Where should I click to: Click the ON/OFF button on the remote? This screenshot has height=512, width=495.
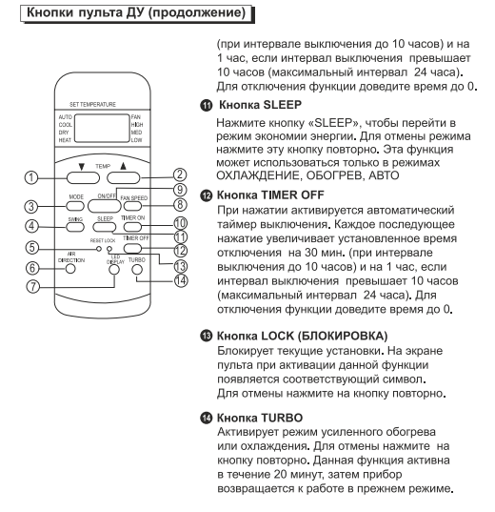click(104, 206)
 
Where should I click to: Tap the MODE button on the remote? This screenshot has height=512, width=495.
click(75, 206)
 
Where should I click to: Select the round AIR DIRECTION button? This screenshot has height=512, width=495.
click(70, 269)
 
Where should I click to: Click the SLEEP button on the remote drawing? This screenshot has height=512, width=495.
click(105, 227)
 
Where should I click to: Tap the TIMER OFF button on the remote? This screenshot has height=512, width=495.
click(132, 249)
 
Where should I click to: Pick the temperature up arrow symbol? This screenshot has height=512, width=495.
click(123, 166)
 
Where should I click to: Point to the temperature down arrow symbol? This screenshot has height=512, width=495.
click(82, 167)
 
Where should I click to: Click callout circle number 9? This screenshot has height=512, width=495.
click(180, 190)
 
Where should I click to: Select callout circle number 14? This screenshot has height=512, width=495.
click(181, 280)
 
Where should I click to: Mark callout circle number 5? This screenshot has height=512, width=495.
click(32, 247)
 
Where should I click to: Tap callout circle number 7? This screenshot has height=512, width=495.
click(32, 287)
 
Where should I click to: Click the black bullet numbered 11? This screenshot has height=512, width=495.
click(206, 106)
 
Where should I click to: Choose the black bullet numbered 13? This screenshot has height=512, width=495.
click(206, 336)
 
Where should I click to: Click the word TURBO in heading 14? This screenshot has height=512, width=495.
click(282, 418)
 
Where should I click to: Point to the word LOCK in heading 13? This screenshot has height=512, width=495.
click(278, 336)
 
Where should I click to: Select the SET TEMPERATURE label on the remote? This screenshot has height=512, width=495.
click(92, 105)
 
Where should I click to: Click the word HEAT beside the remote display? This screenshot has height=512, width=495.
click(65, 140)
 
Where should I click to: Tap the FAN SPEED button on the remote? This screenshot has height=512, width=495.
click(132, 206)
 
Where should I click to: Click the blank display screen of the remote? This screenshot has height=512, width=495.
click(102, 129)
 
